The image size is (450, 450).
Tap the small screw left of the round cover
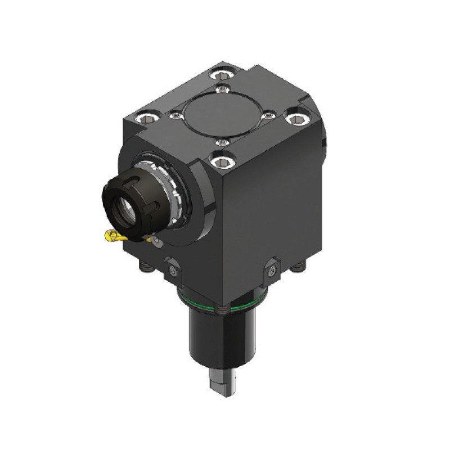tap(177, 115)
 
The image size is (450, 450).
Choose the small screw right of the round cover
tap(269, 116)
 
